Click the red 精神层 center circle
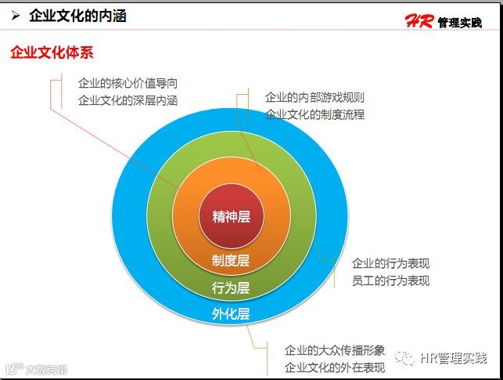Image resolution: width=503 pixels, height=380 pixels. [x=231, y=215]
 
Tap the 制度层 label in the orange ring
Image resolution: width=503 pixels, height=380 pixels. [x=231, y=260]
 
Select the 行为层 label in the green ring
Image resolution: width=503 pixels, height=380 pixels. [x=231, y=288]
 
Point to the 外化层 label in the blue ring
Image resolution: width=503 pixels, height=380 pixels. [x=231, y=314]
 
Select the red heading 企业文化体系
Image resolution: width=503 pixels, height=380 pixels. [x=52, y=52]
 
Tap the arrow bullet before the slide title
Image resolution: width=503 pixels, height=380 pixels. [x=15, y=16]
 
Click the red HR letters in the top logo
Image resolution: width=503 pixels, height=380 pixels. [x=419, y=21]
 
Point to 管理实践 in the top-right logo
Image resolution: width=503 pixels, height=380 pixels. [x=459, y=23]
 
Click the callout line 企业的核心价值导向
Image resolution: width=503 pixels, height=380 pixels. [x=128, y=83]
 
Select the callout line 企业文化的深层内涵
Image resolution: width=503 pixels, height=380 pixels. [x=128, y=100]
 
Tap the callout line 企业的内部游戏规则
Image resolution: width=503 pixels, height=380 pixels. [x=314, y=98]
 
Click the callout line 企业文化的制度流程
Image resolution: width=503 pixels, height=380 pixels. [x=314, y=114]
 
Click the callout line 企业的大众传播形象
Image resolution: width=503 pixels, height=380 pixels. [x=335, y=349]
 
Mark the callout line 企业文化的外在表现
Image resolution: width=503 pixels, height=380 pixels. [x=335, y=367]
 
